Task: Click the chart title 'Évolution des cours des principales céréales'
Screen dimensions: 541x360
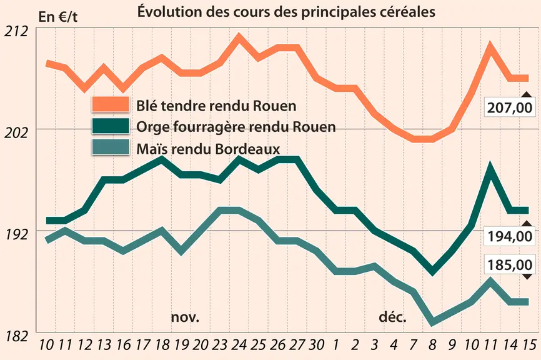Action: pyautogui.click(x=286, y=12)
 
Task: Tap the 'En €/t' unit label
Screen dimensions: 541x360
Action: pyautogui.click(x=58, y=17)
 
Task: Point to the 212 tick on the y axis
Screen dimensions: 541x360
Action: pyautogui.click(x=16, y=32)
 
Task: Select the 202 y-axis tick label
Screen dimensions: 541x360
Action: pyautogui.click(x=16, y=133)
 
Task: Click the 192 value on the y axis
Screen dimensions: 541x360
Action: pyautogui.click(x=16, y=235)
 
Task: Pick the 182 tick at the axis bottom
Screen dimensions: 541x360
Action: pyautogui.click(x=16, y=336)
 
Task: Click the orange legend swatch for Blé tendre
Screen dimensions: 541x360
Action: pyautogui.click(x=111, y=104)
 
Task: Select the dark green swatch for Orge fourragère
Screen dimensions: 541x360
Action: pyautogui.click(x=111, y=126)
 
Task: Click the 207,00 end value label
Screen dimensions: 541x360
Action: pyautogui.click(x=510, y=107)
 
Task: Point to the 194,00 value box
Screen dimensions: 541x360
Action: pyautogui.click(x=510, y=236)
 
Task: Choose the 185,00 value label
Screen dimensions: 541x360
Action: pyautogui.click(x=510, y=265)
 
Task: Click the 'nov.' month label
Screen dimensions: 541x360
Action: pyautogui.click(x=185, y=317)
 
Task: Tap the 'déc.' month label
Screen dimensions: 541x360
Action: pyautogui.click(x=393, y=316)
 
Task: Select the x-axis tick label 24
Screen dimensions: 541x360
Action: pyautogui.click(x=239, y=344)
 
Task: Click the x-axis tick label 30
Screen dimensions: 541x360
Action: pyautogui.click(x=315, y=344)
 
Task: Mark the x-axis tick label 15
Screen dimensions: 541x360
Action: pyautogui.click(x=529, y=344)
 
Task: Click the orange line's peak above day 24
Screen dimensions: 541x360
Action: pyautogui.click(x=239, y=37)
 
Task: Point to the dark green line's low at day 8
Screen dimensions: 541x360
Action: pyautogui.click(x=432, y=271)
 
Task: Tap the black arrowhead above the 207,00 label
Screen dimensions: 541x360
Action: pyautogui.click(x=527, y=95)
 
